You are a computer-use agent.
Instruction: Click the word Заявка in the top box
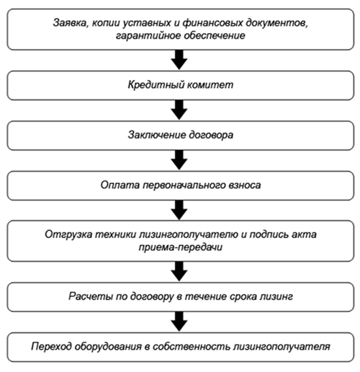pos(68,23)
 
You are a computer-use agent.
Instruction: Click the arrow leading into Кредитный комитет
pos(179,60)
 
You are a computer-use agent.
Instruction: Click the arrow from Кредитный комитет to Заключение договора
pos(179,110)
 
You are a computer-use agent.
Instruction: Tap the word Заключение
pos(156,135)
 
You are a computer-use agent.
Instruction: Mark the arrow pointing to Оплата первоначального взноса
pos(179,160)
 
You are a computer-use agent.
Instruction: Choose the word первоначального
pos(183,185)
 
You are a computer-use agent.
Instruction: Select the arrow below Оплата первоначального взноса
pos(179,210)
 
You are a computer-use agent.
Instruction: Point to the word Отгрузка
pos(68,234)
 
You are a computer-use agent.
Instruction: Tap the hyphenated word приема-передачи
pos(181,247)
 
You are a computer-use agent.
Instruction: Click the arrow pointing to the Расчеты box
pos(179,271)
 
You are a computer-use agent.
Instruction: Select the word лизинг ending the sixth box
pos(276,296)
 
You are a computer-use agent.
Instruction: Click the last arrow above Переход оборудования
pos(179,322)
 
